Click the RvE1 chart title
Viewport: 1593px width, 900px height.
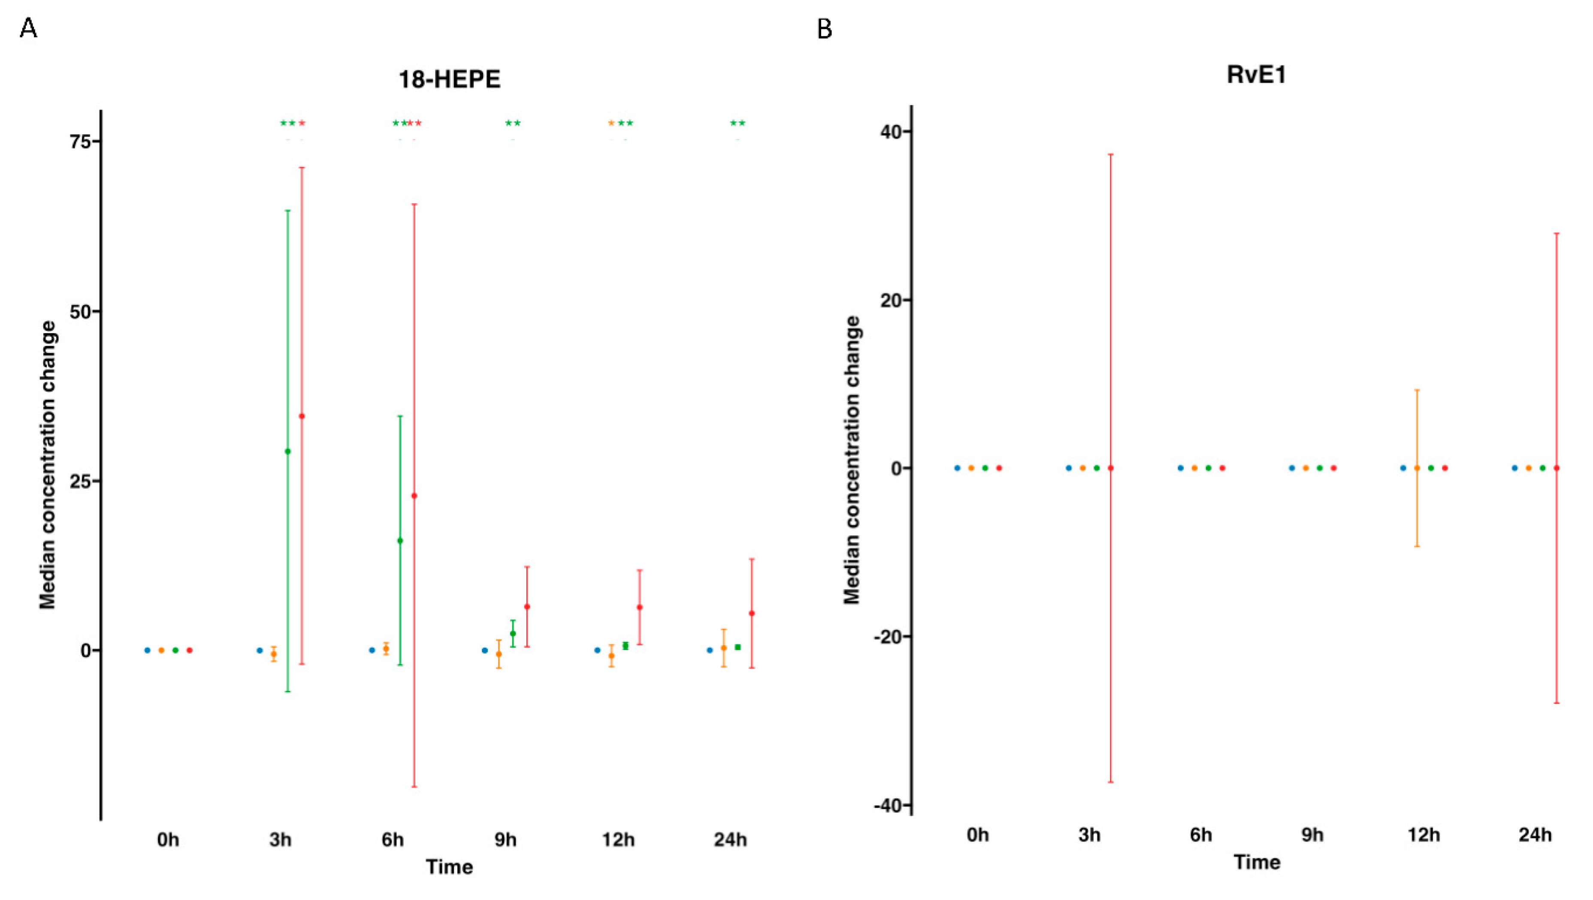[x=1256, y=75]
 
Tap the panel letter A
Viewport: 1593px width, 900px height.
[x=28, y=28]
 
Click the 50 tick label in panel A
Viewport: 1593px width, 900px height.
[x=80, y=312]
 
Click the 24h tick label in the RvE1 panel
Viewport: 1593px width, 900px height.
[x=1535, y=835]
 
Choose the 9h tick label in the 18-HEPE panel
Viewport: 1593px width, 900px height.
[x=505, y=840]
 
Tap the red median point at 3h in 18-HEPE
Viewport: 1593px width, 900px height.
[x=302, y=416]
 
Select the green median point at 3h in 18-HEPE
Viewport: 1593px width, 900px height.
[x=287, y=451]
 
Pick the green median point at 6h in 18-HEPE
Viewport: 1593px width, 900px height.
[x=400, y=541]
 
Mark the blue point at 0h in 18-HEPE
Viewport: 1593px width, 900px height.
[x=147, y=650]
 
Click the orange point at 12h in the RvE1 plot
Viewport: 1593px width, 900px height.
[x=1417, y=468]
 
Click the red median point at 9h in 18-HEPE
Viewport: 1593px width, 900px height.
[x=527, y=607]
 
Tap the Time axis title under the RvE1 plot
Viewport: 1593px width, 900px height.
[x=1257, y=862]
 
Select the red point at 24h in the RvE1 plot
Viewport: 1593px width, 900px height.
[x=1557, y=468]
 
